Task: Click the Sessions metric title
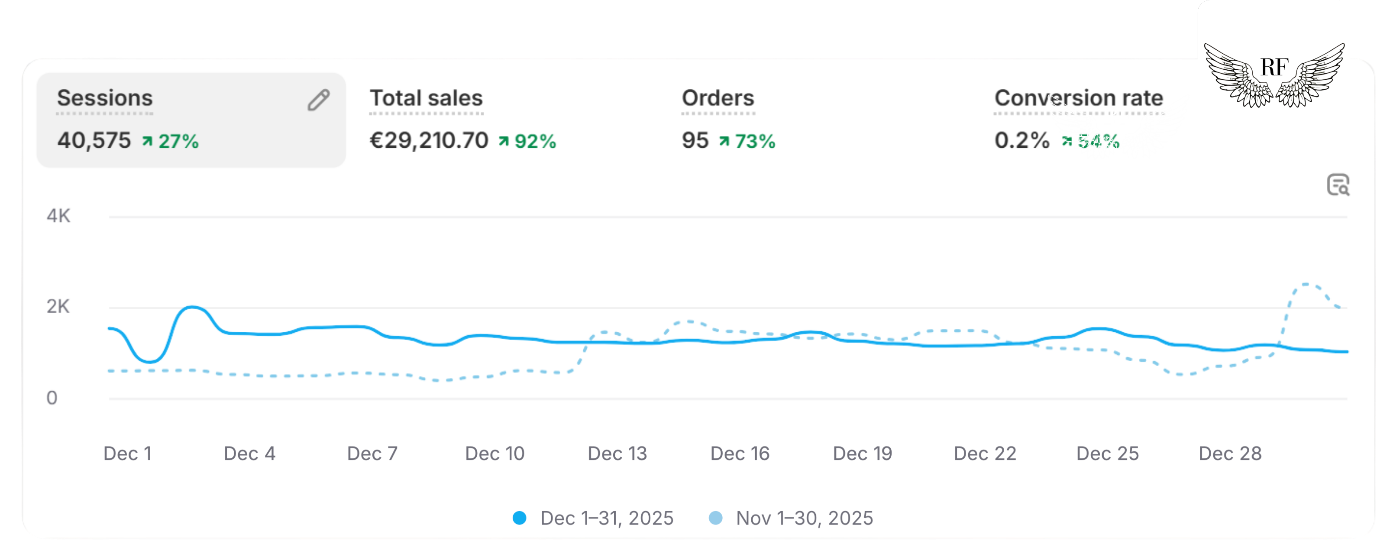point(105,98)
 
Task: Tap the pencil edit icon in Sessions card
point(319,100)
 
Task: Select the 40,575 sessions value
point(94,141)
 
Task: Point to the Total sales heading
point(426,98)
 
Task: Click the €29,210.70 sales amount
point(429,141)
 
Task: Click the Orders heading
point(718,98)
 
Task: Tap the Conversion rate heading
point(1078,98)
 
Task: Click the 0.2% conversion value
point(1021,141)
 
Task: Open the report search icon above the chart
point(1338,185)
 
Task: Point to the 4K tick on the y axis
point(58,216)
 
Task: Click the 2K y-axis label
point(58,307)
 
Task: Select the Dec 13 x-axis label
point(617,454)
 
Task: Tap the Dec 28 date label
point(1230,454)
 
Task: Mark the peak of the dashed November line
point(1306,284)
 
